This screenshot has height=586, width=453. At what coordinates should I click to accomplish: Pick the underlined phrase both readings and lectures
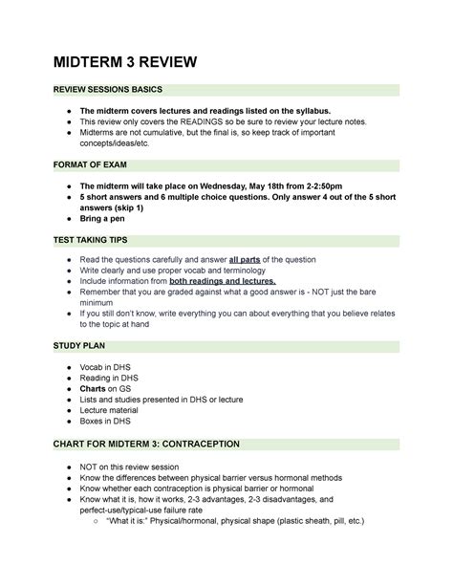click(x=222, y=281)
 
